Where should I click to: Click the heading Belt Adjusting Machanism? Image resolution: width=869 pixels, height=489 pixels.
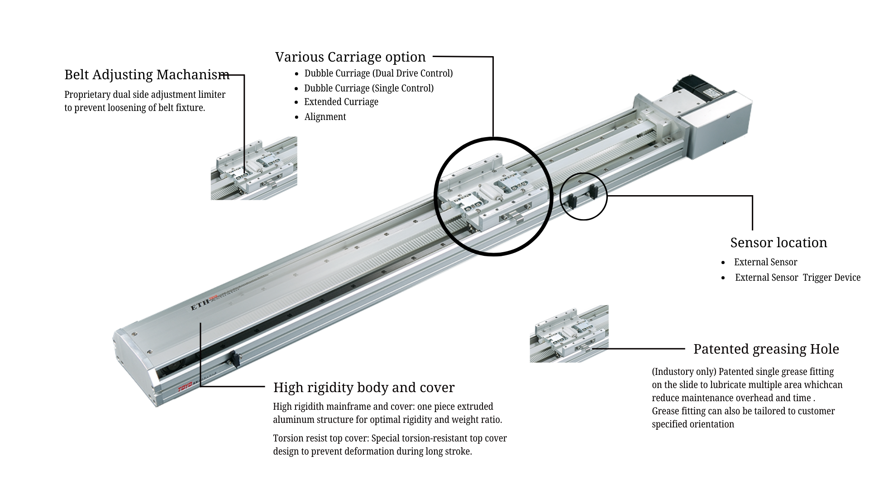pos(147,75)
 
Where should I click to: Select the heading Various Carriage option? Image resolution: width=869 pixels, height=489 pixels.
pos(350,57)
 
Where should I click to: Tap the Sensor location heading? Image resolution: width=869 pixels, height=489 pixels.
pos(778,243)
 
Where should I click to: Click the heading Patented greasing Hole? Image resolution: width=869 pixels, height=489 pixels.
pos(766,349)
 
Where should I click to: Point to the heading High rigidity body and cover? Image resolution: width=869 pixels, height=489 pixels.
pos(363,388)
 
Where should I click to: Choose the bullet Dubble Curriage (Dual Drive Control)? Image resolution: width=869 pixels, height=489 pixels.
pos(378,73)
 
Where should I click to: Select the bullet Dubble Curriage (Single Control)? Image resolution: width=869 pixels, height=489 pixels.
pos(368,88)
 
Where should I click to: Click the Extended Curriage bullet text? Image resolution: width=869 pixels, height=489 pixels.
pos(341,102)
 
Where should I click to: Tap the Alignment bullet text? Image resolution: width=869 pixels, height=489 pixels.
pos(325,117)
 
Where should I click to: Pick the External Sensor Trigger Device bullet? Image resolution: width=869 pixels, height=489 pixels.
pos(797,278)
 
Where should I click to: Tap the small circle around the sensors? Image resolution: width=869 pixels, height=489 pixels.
pos(583,197)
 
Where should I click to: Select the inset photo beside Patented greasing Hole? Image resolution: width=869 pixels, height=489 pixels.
pos(569,334)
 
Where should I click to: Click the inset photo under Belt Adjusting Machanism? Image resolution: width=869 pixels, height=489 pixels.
pos(253,168)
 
